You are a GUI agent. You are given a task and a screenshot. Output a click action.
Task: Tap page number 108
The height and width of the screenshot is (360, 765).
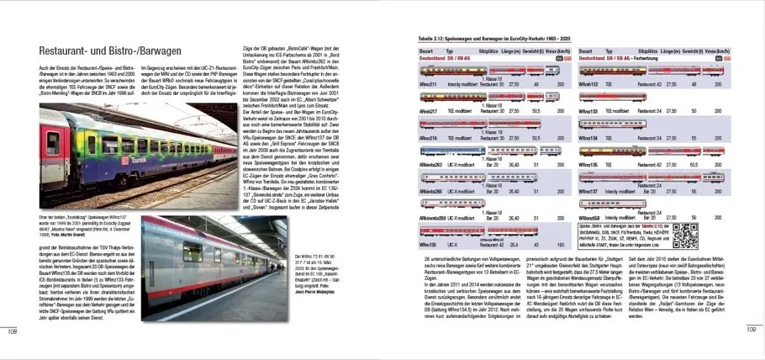(x=13, y=331)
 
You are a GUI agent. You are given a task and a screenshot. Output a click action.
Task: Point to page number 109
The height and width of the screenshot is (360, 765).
(x=752, y=331)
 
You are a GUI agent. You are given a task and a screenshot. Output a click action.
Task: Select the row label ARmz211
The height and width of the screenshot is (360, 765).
(x=428, y=84)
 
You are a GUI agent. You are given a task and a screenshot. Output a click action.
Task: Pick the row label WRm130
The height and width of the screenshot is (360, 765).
(x=427, y=243)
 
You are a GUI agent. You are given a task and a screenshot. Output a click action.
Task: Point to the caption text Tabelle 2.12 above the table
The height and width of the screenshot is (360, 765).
(x=430, y=39)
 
